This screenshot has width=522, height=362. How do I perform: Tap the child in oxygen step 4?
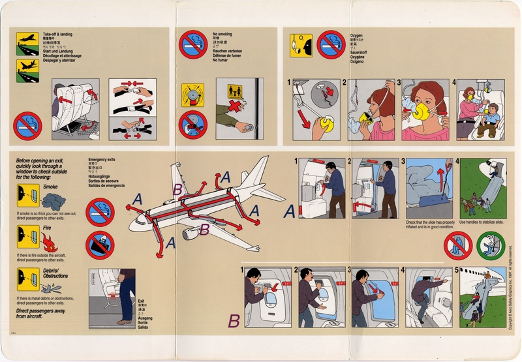tap(487, 119)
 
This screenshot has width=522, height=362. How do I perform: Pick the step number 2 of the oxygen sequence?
tap(345, 83)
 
